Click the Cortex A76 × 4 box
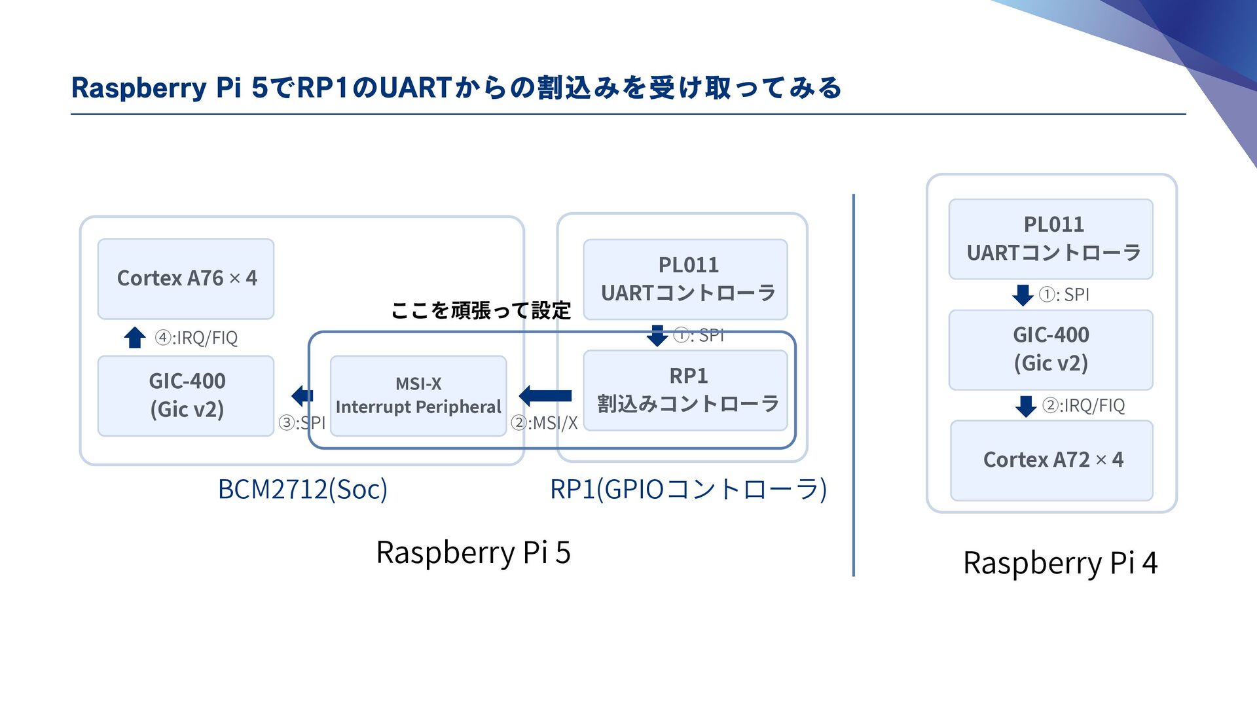[186, 279]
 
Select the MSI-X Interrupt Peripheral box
[418, 396]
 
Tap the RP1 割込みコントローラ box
[685, 391]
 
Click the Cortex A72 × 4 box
[1051, 461]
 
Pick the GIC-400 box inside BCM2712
[186, 396]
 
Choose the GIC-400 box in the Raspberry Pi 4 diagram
[1051, 350]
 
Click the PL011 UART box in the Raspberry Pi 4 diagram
[1051, 240]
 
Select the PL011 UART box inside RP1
[685, 280]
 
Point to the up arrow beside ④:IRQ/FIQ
[135, 337]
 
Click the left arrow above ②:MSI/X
[545, 395]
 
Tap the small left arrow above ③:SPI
[302, 395]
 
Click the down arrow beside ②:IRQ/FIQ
[1026, 406]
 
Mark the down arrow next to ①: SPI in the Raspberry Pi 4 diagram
[1023, 295]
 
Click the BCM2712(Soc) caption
[302, 489]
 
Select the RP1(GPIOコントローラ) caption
[688, 489]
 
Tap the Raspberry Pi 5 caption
[473, 552]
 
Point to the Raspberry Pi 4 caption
[1060, 562]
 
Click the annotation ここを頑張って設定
[481, 310]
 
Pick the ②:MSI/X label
[545, 423]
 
